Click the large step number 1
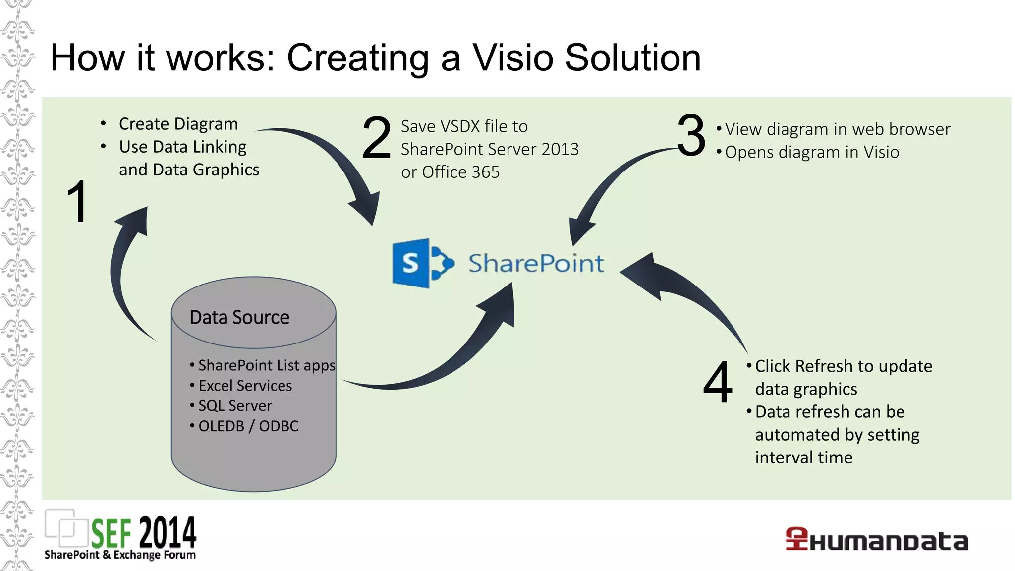click(78, 202)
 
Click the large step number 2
click(376, 137)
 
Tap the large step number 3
click(691, 135)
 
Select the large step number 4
click(718, 382)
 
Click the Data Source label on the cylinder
click(239, 317)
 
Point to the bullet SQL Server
click(235, 406)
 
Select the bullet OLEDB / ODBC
click(248, 426)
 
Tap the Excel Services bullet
click(245, 386)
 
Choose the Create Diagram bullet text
click(178, 124)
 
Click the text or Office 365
click(450, 172)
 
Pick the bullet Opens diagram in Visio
click(811, 152)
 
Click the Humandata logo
click(876, 540)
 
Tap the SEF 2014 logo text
click(144, 532)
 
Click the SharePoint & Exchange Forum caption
click(120, 555)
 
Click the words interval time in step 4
click(803, 457)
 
